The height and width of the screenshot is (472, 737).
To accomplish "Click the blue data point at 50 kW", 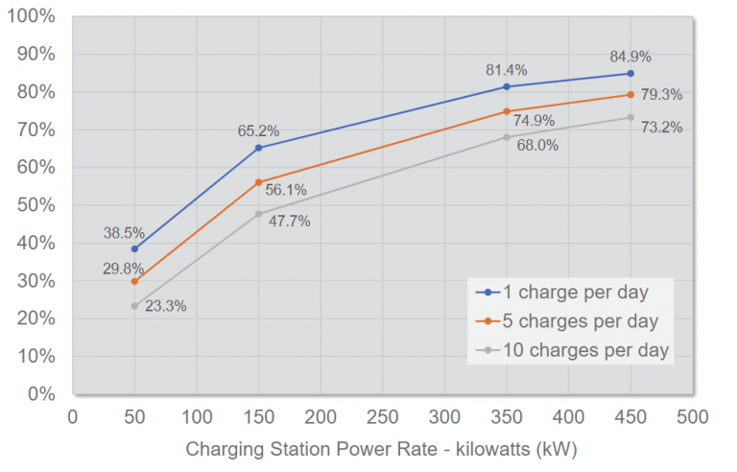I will point(134,248).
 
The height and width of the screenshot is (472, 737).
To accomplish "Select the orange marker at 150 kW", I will point(258,181).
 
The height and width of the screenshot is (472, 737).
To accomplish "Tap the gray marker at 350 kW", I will point(507,137).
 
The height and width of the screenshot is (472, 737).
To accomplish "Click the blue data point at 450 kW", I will point(630,73).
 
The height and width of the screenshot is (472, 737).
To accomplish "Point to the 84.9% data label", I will point(630,54).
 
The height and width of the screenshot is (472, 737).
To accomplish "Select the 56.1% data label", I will point(286,190).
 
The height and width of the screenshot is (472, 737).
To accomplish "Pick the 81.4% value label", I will point(507,70).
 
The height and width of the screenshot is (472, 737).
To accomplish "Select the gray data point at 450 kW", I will point(630,118).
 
